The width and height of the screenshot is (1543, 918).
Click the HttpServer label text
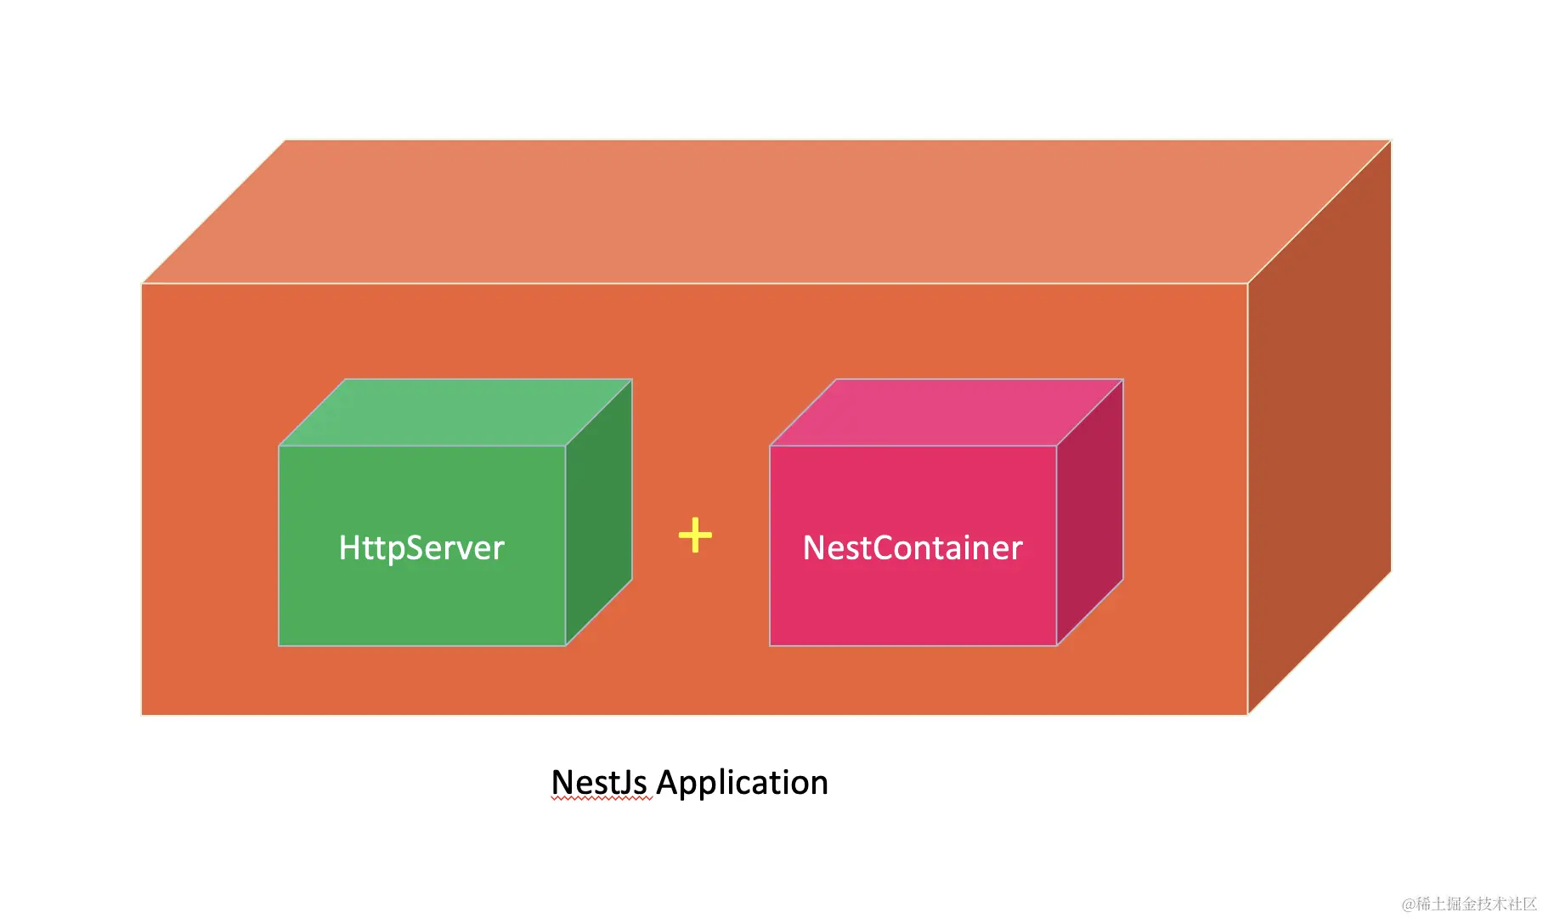421,548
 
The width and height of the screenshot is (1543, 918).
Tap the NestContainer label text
913,548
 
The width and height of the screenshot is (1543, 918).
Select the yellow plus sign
695,535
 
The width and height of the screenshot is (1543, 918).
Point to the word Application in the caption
742,783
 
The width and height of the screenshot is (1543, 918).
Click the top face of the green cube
455,412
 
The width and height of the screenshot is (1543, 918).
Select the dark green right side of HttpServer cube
598,513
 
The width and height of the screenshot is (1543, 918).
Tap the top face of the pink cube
947,412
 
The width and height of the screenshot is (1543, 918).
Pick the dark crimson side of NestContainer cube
1089,513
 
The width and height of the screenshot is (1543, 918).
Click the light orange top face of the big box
765,212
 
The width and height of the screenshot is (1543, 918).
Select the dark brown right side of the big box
1319,425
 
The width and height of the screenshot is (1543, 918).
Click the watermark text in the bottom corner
1469,904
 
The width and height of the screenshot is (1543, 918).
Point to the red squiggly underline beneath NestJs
602,799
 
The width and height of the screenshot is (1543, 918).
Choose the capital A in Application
668,782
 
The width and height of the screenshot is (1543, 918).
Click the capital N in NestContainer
814,548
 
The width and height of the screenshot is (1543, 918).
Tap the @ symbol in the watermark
1408,904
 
